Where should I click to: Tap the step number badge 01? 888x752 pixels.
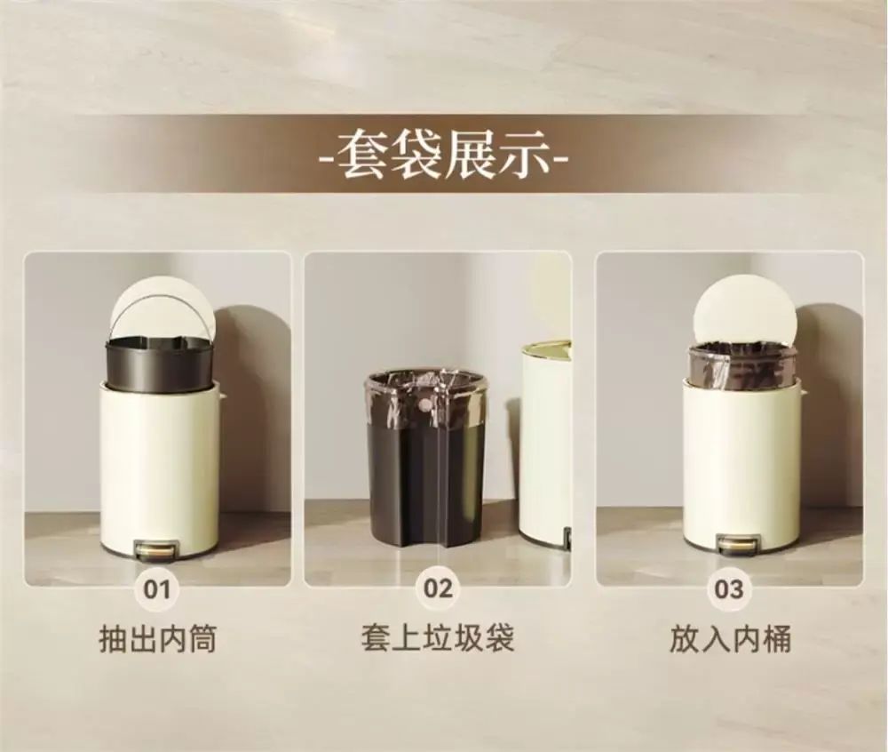[156, 588]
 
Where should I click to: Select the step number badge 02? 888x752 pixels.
[438, 588]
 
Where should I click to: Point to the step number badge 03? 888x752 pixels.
[729, 588]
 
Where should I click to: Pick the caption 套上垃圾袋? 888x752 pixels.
[438, 638]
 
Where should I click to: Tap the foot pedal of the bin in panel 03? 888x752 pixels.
[738, 543]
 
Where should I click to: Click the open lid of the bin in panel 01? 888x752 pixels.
[163, 315]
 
